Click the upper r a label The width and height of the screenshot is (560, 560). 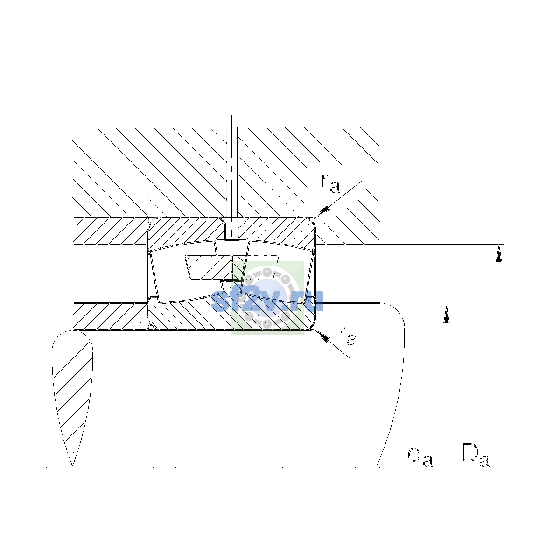(330, 183)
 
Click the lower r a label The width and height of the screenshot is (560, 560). (348, 336)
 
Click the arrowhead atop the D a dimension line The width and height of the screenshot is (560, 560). (499, 253)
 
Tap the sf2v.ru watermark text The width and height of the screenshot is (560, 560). (267, 300)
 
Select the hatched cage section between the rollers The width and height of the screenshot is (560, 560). (209, 268)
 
